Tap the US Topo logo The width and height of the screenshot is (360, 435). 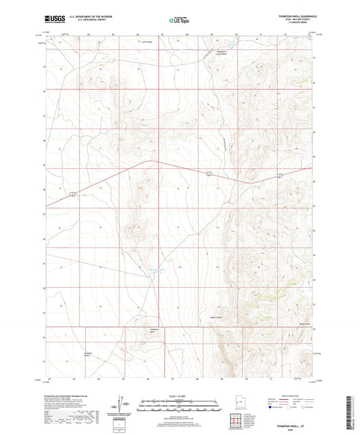tap(178, 21)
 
